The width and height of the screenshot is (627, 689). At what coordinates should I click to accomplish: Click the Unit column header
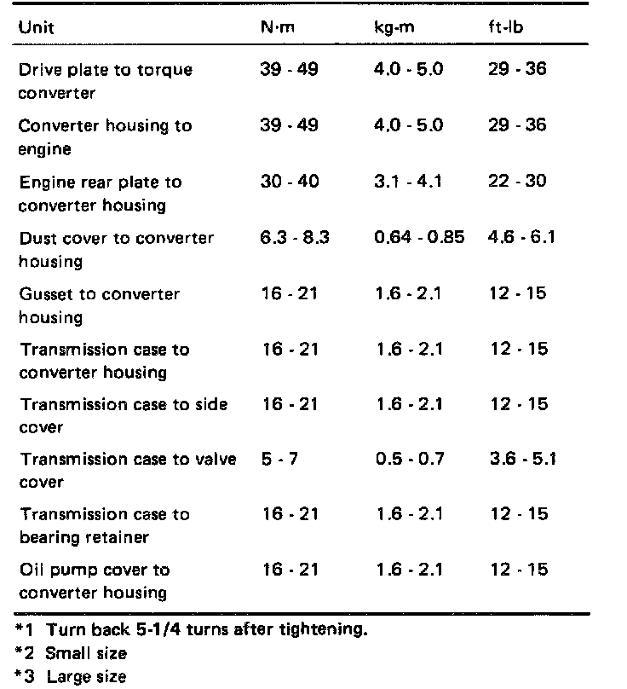(36, 26)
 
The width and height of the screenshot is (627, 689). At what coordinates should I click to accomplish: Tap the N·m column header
(278, 26)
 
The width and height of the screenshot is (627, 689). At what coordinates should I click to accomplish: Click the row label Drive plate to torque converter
(106, 80)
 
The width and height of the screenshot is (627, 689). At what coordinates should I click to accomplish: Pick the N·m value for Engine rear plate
(290, 182)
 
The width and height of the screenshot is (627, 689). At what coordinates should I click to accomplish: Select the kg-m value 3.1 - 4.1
(409, 182)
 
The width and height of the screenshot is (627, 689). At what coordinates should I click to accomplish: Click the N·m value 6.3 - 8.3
(295, 238)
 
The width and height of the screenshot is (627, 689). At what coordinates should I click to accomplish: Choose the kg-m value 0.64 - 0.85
(419, 238)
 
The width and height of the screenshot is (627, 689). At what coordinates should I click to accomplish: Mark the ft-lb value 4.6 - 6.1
(522, 238)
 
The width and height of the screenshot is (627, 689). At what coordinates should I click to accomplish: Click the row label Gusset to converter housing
(100, 305)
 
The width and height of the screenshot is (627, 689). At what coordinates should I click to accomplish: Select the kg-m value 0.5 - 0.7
(410, 460)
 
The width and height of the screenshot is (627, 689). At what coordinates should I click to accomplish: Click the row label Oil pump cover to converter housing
(95, 581)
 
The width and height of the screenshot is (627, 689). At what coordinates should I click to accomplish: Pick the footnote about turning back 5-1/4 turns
(198, 632)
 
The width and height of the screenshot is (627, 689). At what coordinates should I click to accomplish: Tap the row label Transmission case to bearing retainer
(105, 525)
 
